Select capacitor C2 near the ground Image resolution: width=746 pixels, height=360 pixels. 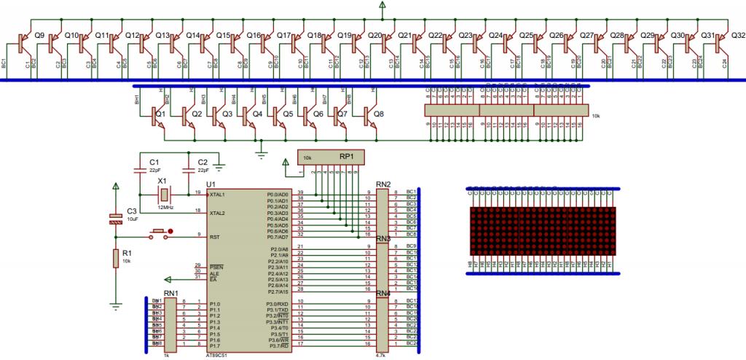(x=187, y=169)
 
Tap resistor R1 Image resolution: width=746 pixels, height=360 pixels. (x=115, y=258)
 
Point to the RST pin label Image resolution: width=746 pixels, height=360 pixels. (x=215, y=237)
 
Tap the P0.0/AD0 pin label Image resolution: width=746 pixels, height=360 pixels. (x=278, y=195)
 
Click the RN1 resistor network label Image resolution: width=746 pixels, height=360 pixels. (x=172, y=293)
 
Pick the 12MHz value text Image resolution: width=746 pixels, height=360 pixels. (x=164, y=208)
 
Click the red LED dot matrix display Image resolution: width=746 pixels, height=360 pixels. (x=543, y=230)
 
